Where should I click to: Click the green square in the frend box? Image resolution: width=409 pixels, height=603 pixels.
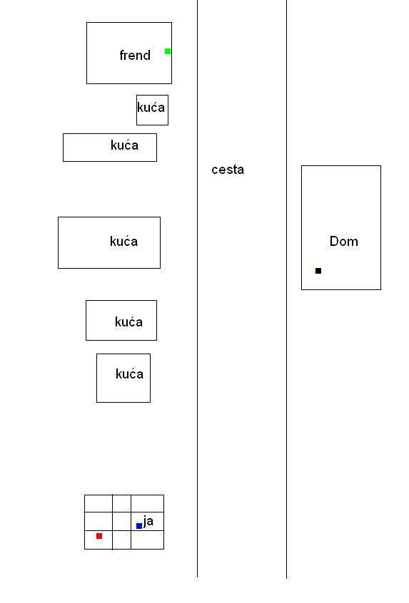pyautogui.click(x=168, y=51)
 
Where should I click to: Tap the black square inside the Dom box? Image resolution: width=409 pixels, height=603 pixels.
pyautogui.click(x=318, y=271)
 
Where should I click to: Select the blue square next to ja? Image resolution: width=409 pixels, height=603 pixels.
pyautogui.click(x=139, y=526)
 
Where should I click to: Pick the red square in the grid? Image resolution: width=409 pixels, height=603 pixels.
pyautogui.click(x=99, y=536)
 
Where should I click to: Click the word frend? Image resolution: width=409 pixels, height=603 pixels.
pyautogui.click(x=135, y=56)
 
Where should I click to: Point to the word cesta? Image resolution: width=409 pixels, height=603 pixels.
pyautogui.click(x=228, y=170)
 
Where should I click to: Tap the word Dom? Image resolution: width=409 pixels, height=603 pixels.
pyautogui.click(x=344, y=241)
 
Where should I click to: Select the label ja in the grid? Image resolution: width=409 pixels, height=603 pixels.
pyautogui.click(x=148, y=522)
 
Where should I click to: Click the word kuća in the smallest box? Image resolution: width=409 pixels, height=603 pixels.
pyautogui.click(x=151, y=108)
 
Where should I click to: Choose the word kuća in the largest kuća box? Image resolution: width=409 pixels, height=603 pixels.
pyautogui.click(x=123, y=241)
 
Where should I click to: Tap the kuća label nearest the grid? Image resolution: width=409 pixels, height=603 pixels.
pyautogui.click(x=129, y=373)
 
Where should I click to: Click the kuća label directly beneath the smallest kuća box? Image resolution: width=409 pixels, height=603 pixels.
pyautogui.click(x=124, y=145)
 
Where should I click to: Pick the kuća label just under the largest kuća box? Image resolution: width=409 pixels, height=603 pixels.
pyautogui.click(x=128, y=321)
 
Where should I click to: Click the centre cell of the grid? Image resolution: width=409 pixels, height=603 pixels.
pyautogui.click(x=121, y=522)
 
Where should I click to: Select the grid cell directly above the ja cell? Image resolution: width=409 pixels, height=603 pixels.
pyautogui.click(x=148, y=503)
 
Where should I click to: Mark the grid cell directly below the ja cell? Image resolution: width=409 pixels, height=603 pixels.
pyautogui.click(x=148, y=540)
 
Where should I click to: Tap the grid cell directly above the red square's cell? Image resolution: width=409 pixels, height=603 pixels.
pyautogui.click(x=99, y=522)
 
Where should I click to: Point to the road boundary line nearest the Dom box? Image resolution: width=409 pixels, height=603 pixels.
pyautogui.click(x=286, y=289)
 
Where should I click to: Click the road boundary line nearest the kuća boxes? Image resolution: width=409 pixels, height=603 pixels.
pyautogui.click(x=197, y=289)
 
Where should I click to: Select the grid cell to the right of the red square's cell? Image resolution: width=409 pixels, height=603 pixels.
pyautogui.click(x=121, y=540)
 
